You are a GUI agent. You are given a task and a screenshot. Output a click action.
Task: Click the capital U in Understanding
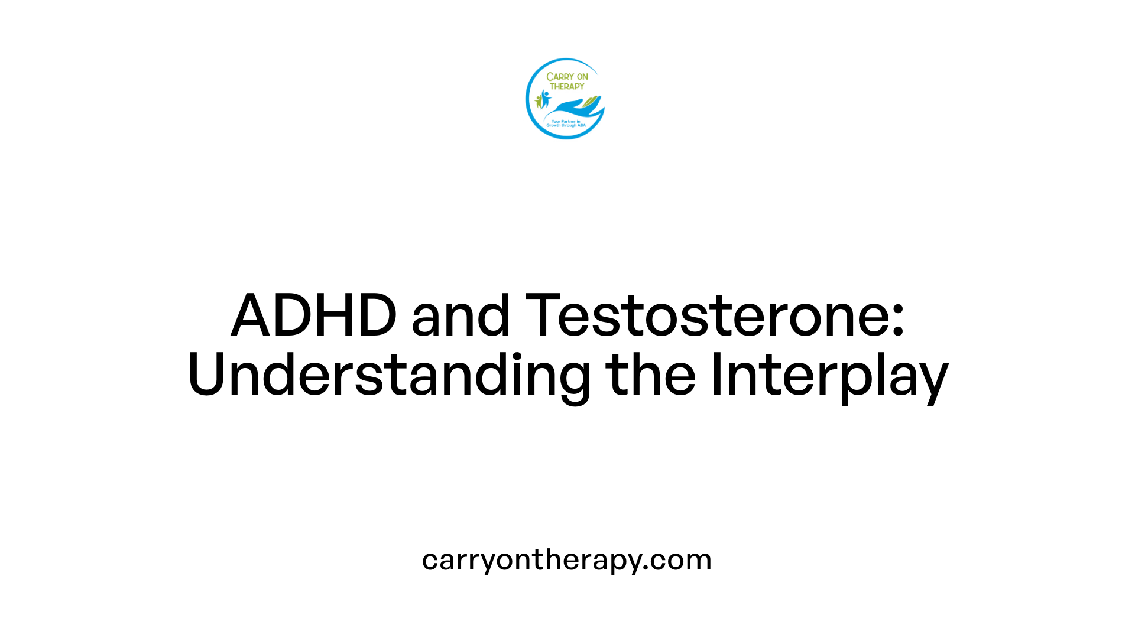[207, 375]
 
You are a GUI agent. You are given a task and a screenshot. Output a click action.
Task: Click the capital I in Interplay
[716, 375]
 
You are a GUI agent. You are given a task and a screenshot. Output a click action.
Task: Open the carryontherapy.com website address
[566, 560]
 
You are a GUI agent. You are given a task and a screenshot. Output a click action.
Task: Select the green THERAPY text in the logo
[567, 86]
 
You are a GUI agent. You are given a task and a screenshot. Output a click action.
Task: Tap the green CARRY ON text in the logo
[567, 77]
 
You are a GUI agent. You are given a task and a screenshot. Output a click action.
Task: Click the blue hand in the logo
[570, 108]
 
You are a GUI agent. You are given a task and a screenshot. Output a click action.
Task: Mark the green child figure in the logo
[538, 101]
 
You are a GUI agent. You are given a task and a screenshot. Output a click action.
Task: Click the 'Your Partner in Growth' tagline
[566, 123]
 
